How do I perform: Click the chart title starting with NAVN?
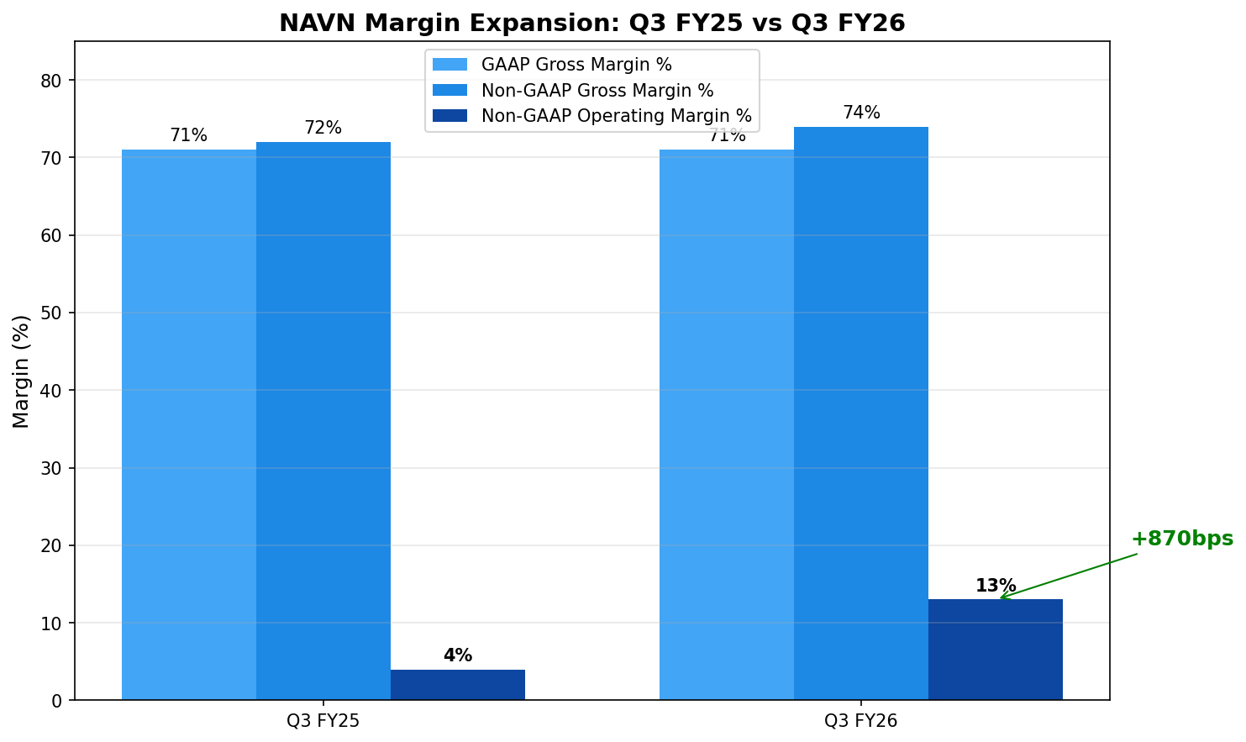click(x=591, y=23)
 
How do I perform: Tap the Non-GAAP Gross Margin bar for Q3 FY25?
click(x=323, y=420)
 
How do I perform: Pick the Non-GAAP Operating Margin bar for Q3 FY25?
click(x=458, y=685)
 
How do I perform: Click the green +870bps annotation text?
click(x=1181, y=539)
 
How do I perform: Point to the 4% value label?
click(x=458, y=655)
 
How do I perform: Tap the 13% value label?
click(x=996, y=586)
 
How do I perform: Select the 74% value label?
click(x=861, y=113)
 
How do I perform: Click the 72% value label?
click(x=323, y=128)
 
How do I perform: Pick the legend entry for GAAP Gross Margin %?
click(x=576, y=65)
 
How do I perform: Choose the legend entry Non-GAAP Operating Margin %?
click(x=616, y=116)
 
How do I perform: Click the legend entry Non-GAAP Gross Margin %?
click(x=597, y=91)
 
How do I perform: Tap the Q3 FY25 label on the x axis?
click(x=323, y=720)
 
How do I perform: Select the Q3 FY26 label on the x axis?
click(x=861, y=720)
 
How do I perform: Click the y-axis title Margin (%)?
click(x=22, y=371)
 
